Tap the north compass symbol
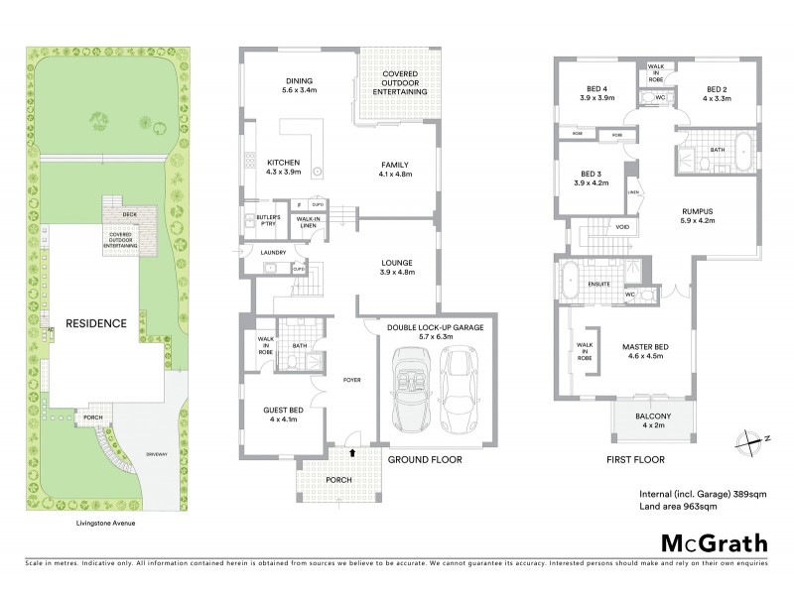tap(745, 440)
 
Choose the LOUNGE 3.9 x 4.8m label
tap(394, 267)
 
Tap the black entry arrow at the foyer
tap(350, 452)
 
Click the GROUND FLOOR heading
tap(420, 460)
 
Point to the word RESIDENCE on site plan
tap(95, 323)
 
